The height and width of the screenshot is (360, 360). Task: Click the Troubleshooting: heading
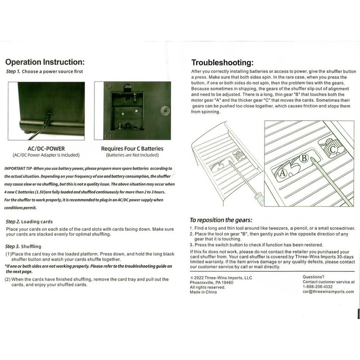(222, 63)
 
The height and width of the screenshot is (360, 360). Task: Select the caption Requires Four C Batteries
(132, 148)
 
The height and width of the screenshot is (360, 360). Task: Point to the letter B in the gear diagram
(304, 158)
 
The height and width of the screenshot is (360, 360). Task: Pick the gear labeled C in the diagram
(333, 149)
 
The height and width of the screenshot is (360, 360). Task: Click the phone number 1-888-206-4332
(318, 287)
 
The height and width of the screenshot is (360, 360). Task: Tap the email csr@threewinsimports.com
(328, 292)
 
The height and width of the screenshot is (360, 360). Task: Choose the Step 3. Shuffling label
(23, 247)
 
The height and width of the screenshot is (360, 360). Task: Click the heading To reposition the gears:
(220, 220)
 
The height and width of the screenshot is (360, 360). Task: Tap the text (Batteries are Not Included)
(132, 155)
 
